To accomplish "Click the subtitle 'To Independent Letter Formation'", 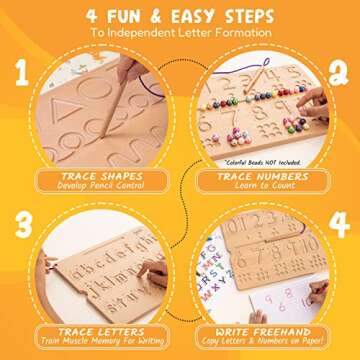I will coord(180,32).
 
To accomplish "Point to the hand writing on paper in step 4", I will coord(316,293).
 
